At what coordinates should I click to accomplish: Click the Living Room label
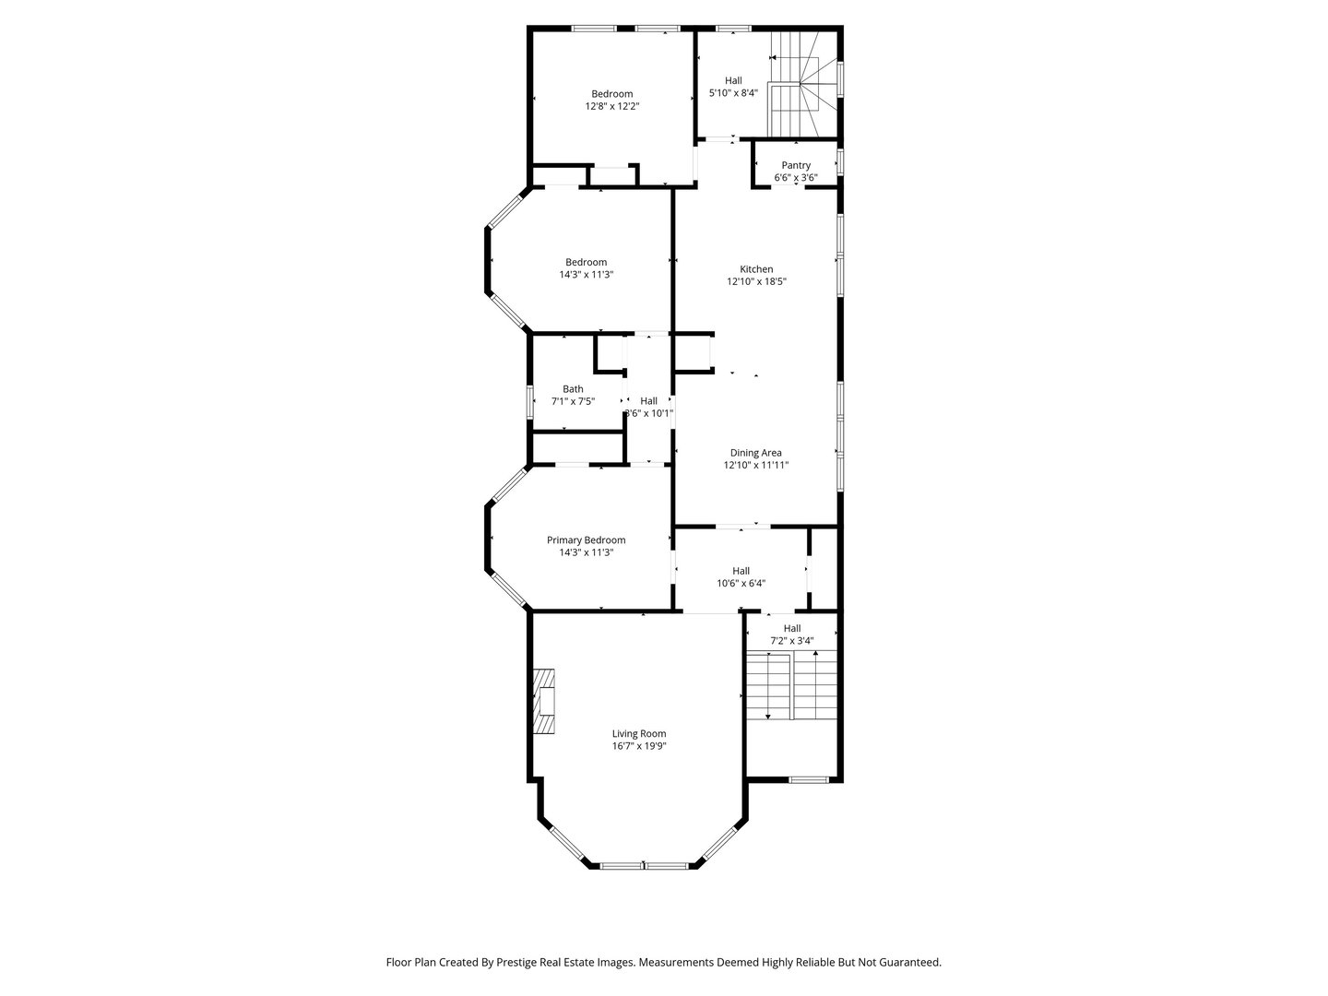[x=638, y=734]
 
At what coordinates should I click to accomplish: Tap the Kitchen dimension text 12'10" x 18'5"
[x=756, y=282]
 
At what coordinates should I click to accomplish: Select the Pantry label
[x=796, y=165]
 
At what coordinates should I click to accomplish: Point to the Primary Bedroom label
[x=586, y=540]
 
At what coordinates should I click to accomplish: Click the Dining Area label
[x=756, y=453]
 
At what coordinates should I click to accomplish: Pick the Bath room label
[x=573, y=389]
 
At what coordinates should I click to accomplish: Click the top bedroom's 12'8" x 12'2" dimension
[x=612, y=106]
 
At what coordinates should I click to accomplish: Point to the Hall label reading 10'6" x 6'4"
[x=741, y=571]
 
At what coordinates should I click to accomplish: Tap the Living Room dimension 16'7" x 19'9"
[x=638, y=746]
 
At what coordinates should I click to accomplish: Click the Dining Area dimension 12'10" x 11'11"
[x=756, y=466]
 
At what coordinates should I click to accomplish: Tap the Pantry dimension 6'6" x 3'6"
[x=796, y=177]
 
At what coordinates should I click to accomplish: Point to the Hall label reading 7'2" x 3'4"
[x=792, y=628]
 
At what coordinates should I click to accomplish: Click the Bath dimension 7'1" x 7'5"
[x=573, y=401]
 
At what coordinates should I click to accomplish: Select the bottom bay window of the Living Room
[x=645, y=865]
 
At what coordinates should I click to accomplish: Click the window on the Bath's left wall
[x=530, y=402]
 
